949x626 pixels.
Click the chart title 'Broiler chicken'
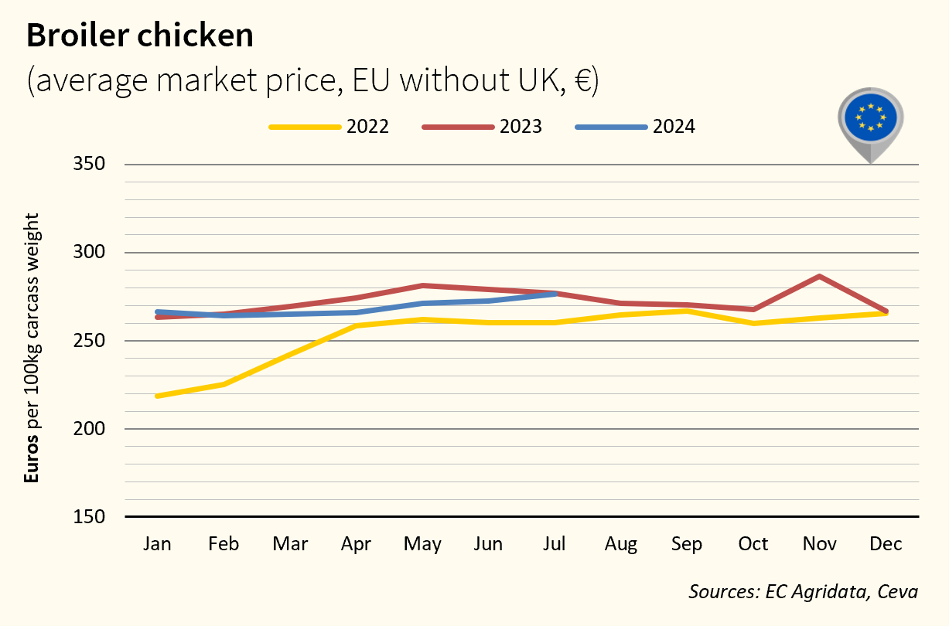click(140, 36)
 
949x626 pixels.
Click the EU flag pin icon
click(871, 119)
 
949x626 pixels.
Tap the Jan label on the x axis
click(157, 544)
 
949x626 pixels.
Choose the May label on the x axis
click(422, 544)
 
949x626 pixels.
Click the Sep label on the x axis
click(687, 544)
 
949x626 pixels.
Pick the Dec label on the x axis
click(886, 544)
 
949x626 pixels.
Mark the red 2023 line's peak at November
click(819, 276)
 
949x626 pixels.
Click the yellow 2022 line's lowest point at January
click(158, 396)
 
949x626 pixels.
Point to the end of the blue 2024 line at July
click(555, 294)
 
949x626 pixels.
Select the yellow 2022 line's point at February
click(224, 384)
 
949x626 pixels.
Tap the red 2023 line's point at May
click(422, 286)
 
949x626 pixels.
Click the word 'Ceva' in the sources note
click(897, 592)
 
